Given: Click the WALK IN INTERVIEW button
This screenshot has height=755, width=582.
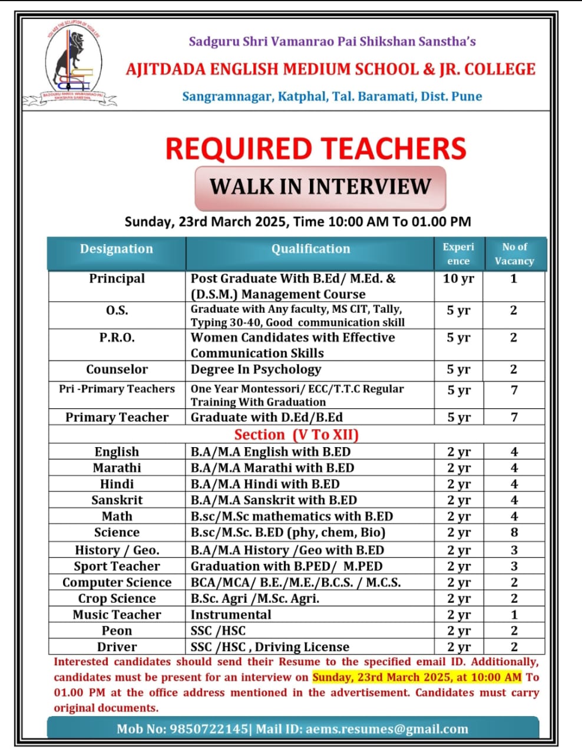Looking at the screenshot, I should click(320, 187).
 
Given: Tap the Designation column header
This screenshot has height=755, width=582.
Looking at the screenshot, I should click(117, 249).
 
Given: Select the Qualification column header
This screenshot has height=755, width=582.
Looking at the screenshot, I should click(310, 249).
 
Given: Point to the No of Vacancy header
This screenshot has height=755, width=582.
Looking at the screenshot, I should click(514, 254).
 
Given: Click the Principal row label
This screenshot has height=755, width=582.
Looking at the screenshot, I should click(117, 278).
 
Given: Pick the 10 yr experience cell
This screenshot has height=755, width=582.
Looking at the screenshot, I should click(458, 278).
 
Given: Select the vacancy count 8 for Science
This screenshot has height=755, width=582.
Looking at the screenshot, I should click(514, 533).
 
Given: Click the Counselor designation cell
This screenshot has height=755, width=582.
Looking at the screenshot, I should click(117, 370).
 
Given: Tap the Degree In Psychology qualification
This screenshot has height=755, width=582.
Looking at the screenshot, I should click(256, 370).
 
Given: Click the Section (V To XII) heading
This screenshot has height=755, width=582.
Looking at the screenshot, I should click(296, 435).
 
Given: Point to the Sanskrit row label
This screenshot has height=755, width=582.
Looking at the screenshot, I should click(117, 500).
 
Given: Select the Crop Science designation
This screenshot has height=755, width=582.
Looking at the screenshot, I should click(117, 599).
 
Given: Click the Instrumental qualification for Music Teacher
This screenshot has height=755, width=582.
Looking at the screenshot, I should click(231, 615).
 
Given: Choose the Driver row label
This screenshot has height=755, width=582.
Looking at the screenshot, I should click(117, 647).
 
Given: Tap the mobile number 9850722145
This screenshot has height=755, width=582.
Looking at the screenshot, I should click(209, 729).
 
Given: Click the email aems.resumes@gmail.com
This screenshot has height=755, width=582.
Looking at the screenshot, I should click(387, 729).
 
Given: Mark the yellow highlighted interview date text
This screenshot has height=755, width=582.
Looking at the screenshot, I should click(417, 677).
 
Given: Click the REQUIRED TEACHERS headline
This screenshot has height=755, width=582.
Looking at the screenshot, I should click(316, 149).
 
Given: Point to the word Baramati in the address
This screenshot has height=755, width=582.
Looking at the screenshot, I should click(386, 96).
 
